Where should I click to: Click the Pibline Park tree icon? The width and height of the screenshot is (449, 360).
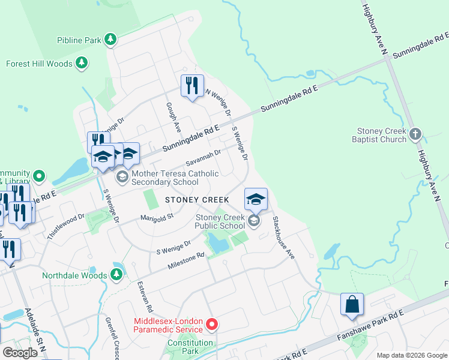[x=110, y=40]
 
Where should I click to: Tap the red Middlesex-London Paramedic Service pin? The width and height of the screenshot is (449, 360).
[x=211, y=325]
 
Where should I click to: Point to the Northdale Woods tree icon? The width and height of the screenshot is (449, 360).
[x=117, y=275]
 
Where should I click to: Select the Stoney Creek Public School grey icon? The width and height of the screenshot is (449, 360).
[x=254, y=221]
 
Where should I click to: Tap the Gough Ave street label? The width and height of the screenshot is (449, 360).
[x=173, y=117]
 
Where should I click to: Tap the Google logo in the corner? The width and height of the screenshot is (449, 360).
[x=20, y=352]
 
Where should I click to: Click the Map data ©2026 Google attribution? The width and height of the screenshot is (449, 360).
[x=411, y=355]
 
